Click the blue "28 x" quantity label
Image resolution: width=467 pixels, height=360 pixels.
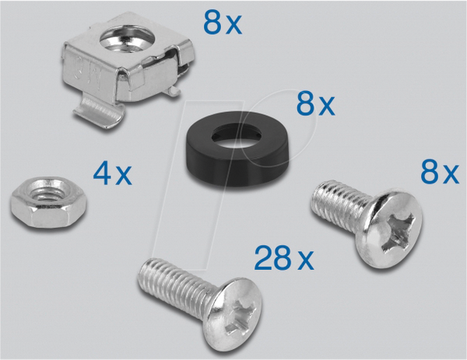[x=284, y=258]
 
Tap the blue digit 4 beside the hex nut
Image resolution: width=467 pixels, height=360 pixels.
[x=102, y=173]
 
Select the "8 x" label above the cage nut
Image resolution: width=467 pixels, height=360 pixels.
[x=223, y=23]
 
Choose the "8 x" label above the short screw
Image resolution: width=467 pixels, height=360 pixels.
[x=440, y=171]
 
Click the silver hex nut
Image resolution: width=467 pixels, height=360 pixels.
[x=49, y=202]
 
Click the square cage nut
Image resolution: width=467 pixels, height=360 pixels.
[x=128, y=69]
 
